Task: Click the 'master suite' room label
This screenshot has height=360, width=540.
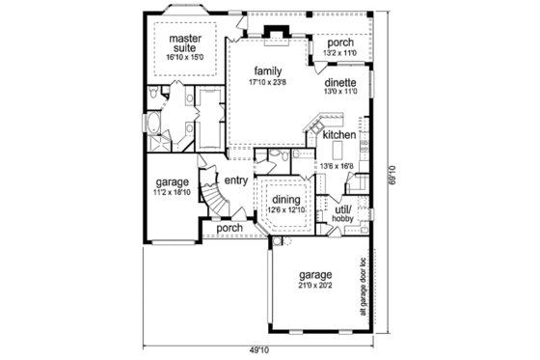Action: pyautogui.click(x=184, y=44)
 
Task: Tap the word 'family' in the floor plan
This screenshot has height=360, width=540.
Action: pyautogui.click(x=267, y=71)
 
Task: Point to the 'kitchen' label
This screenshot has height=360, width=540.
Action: pyautogui.click(x=340, y=135)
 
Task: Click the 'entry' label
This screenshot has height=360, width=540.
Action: pyautogui.click(x=236, y=180)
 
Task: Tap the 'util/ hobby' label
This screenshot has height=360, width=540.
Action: pyautogui.click(x=343, y=213)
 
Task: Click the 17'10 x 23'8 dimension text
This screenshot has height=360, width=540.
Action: pyautogui.click(x=267, y=82)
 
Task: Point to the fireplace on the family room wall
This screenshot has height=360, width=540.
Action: pyautogui.click(x=277, y=37)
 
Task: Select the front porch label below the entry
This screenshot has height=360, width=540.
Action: pyautogui.click(x=230, y=229)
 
